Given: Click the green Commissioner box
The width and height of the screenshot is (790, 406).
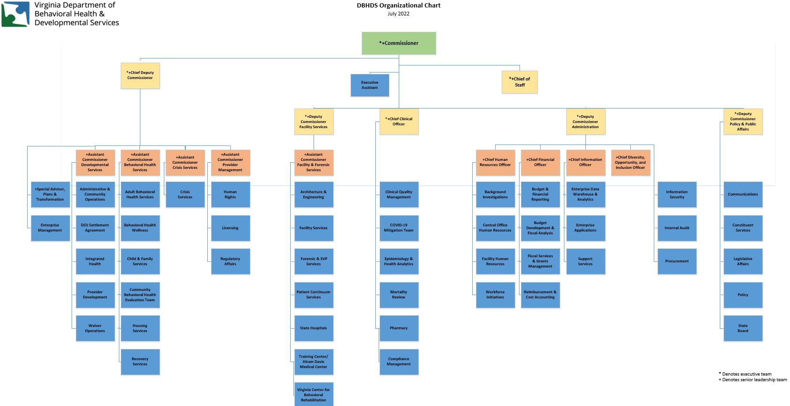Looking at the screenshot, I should pos(399,43).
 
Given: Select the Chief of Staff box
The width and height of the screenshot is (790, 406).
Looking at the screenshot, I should pos(519,82).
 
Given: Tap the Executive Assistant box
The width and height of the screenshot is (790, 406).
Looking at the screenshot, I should pos(370,85).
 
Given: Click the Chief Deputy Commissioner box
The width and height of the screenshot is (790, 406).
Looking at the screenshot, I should pos(140,75).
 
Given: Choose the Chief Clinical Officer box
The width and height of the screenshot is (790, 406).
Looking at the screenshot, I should pos(399,122).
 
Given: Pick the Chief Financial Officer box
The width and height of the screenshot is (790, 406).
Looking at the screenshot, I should pos(540,162).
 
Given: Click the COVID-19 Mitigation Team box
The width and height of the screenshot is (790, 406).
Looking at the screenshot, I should pos(399,228).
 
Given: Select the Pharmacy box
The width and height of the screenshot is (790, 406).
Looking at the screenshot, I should pos(399,328).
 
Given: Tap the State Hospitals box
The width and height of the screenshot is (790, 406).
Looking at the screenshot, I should pos(314,328).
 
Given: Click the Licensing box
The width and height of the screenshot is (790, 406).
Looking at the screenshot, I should pos(230,228).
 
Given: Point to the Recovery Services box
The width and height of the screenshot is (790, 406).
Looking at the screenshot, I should pos(140,362).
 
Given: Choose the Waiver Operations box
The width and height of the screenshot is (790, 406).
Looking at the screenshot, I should pos(95,328).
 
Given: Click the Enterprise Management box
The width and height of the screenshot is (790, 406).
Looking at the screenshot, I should pos(50,228).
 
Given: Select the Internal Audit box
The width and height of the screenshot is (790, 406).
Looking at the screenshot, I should pos(677,228).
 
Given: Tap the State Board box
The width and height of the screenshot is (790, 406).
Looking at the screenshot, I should pos(743,328).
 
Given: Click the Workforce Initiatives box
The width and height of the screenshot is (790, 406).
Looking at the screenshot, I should pos(495,295).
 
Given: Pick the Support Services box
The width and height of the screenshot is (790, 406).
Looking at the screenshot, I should pos(585,261).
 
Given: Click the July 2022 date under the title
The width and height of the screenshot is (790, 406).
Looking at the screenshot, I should pos(398,14).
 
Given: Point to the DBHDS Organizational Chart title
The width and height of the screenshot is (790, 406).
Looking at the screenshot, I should pos(398,6).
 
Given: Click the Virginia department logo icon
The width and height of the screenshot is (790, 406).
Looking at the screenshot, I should pos(15,14).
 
